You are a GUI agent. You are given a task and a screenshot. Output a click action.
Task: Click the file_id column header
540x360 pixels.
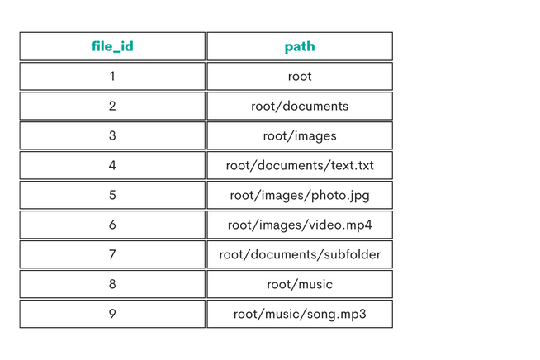pos(112,46)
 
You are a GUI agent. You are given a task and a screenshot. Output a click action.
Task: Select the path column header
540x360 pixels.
pos(300,46)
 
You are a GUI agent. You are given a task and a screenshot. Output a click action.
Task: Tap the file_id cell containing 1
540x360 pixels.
pos(112,76)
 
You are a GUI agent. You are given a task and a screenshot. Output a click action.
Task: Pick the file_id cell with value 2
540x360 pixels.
pos(112,106)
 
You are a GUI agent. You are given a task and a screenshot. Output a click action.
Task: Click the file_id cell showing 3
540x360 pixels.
pos(112,135)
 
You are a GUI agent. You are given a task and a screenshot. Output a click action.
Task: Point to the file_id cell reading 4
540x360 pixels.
pos(112,165)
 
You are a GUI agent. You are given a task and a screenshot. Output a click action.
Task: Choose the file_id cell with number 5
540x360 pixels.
pos(112,195)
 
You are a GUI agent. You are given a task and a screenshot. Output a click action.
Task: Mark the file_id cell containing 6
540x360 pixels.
pos(112,225)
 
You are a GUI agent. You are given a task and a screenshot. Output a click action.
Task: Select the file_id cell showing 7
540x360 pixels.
pos(112,254)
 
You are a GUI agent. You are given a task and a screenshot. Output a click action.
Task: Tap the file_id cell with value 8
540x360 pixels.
pos(112,284)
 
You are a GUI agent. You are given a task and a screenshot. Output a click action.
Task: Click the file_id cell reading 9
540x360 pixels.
pos(112,314)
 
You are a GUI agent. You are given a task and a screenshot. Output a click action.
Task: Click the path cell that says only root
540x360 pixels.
pos(300,76)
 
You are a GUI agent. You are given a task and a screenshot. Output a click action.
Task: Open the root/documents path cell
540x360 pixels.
pos(300,106)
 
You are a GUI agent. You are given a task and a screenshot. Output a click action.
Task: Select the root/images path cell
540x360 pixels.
pos(300,135)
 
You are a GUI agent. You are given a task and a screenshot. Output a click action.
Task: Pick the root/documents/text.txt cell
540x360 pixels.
pos(300,165)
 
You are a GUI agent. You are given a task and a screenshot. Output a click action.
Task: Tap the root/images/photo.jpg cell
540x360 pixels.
pos(300,195)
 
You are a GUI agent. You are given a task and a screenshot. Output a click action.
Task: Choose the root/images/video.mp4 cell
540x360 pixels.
pos(300,225)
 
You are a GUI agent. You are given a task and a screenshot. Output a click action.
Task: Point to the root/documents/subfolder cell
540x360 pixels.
pos(300,254)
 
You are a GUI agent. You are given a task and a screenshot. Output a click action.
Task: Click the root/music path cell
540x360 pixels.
pos(300,284)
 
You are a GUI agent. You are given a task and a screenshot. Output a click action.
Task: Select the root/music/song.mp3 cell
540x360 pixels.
pos(300,314)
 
